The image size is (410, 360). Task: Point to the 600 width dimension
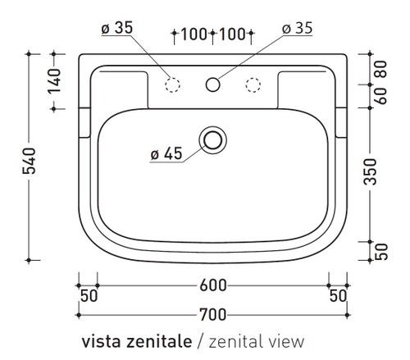pos(212,285)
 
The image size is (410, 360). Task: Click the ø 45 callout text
pos(166,153)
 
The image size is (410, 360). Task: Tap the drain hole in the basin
pos(213,139)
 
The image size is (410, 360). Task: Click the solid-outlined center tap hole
pos(213,83)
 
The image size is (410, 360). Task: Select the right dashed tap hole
pos(253,83)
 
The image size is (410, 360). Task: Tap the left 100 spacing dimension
pos(193,34)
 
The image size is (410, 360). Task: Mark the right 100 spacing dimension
pos(234,34)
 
